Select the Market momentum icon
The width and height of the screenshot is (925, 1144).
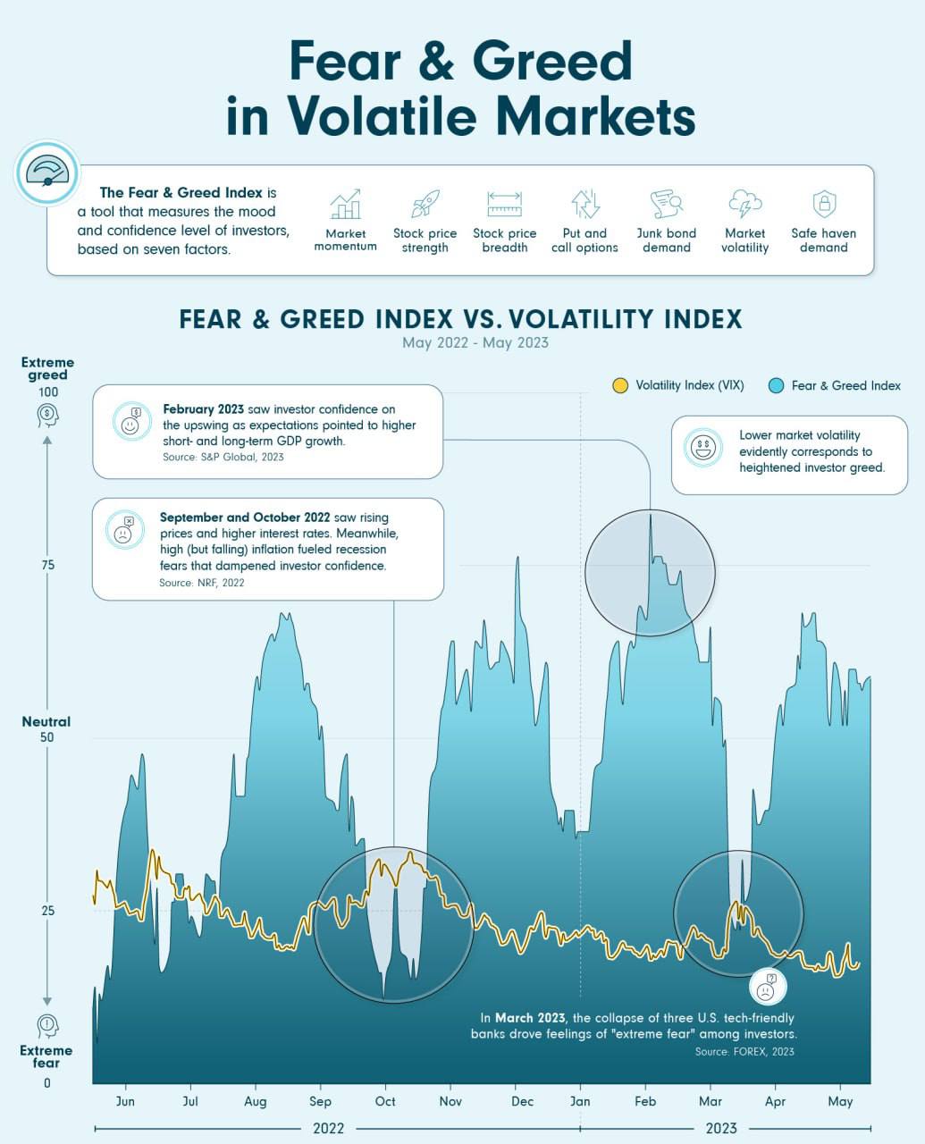[x=345, y=205]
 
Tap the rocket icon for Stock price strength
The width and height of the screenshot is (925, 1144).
[x=425, y=205]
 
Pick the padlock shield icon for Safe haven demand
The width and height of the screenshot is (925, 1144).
[x=824, y=205]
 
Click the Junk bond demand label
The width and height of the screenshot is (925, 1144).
[x=667, y=240]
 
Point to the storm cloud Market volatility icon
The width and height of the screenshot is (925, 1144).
[x=744, y=205]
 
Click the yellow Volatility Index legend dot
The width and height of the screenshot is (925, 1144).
[x=620, y=386]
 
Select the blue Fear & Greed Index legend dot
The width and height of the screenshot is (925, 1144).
[x=776, y=386]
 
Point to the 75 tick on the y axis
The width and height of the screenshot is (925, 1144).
[x=47, y=565]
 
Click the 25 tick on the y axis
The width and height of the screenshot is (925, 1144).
[x=47, y=911]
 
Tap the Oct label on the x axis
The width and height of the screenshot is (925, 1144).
[x=385, y=1101]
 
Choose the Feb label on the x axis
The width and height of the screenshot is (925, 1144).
[x=645, y=1101]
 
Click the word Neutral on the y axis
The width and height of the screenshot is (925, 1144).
[x=46, y=721]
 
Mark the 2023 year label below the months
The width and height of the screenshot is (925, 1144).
[x=721, y=1128]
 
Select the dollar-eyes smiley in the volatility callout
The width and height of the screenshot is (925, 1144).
[x=703, y=447]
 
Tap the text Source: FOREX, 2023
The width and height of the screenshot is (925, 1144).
[x=744, y=1052]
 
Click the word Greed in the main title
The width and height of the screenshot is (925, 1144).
[x=551, y=62]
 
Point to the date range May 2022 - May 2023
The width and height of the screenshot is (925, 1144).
[x=475, y=342]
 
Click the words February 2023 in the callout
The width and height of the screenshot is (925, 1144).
[x=203, y=409]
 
